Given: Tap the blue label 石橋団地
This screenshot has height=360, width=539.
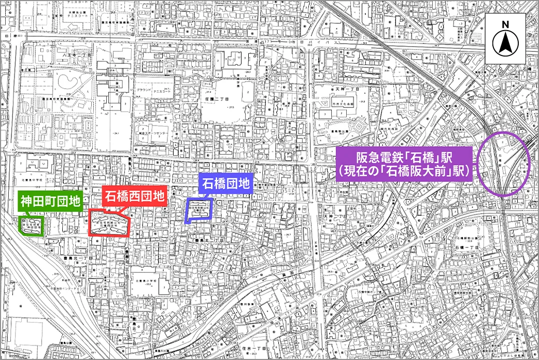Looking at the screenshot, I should point(225,183).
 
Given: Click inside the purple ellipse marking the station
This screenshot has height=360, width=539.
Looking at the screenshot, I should point(503,163).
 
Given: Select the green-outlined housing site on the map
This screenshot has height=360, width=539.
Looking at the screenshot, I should point(31,226).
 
